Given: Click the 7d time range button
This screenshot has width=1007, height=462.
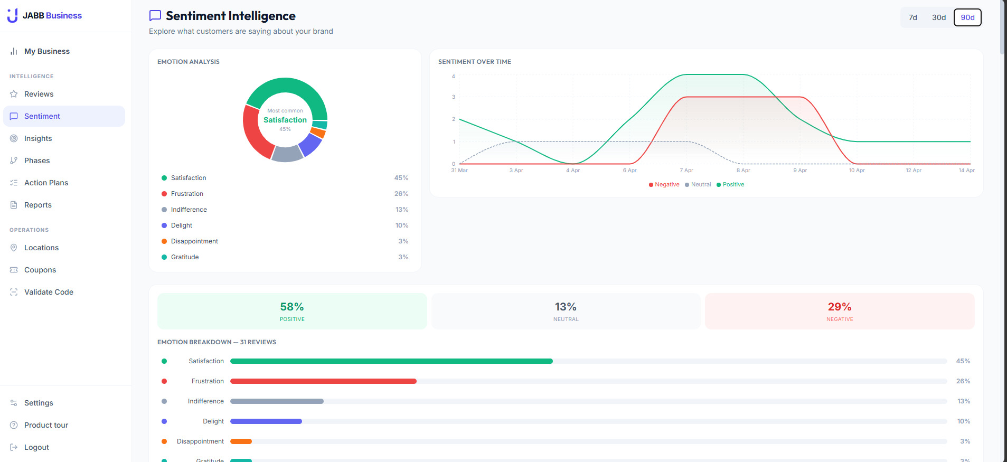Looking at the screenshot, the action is [912, 17].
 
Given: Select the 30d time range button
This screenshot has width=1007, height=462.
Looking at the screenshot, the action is [938, 17].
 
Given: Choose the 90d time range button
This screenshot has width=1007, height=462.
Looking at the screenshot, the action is [967, 17].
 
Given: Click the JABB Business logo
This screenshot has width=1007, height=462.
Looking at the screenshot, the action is [45, 16].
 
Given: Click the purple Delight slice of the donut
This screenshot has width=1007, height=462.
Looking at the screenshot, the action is [312, 144].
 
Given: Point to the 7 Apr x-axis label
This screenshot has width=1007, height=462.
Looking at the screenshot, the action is [686, 171].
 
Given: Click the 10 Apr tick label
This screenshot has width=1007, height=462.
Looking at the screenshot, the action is [857, 171].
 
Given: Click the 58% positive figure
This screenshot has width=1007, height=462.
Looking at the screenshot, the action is [292, 307].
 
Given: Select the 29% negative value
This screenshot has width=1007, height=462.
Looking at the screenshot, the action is [840, 307].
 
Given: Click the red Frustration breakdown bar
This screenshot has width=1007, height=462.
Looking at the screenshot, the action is [323, 381].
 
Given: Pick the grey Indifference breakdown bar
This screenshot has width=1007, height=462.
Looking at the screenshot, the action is [277, 401].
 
